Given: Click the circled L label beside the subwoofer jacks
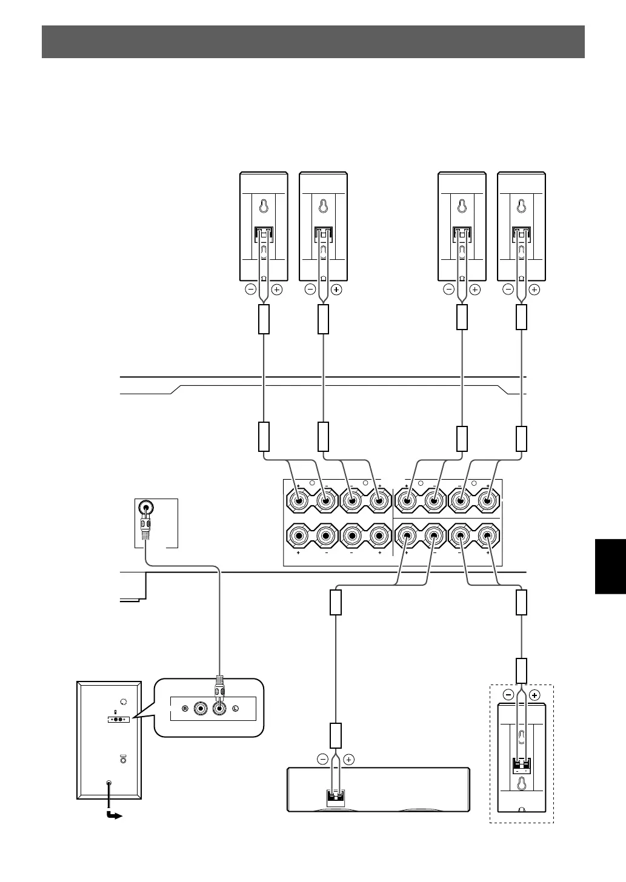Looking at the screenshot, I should (236, 709).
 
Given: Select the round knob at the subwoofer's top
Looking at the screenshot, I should (124, 701).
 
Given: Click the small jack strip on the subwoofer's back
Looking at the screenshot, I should (119, 720).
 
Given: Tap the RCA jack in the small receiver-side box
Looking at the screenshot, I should (145, 508).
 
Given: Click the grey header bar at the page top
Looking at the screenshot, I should (313, 41).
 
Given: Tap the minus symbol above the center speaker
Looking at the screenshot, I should (322, 759).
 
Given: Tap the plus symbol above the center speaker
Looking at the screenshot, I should (349, 759).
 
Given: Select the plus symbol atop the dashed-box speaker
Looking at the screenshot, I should (534, 695).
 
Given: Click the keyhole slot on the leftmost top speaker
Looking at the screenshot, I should (264, 207).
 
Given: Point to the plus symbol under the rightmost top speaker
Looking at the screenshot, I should (534, 290).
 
